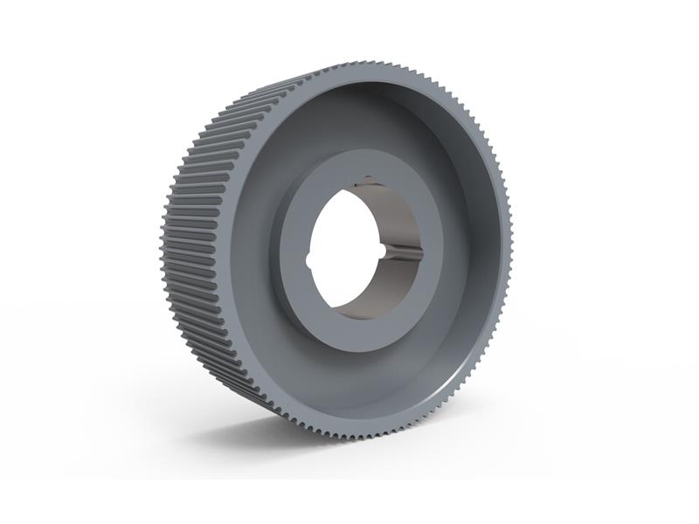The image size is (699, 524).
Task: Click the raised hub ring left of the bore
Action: [x=290, y=249]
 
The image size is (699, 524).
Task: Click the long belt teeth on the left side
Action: [x=197, y=227]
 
